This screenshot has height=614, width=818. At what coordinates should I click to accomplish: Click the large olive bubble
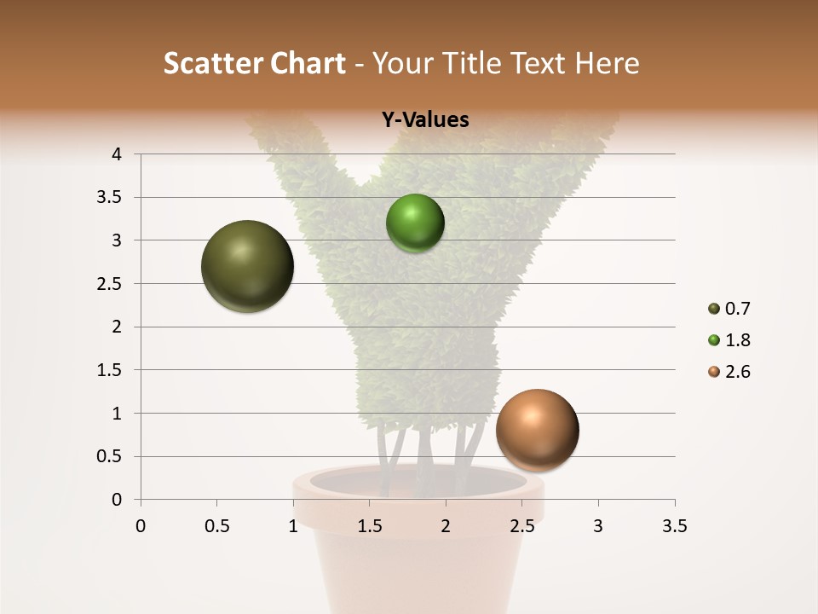(x=247, y=266)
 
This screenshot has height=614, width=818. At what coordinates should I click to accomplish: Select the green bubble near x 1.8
(x=415, y=223)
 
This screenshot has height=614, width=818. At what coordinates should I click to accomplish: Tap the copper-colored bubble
(x=537, y=430)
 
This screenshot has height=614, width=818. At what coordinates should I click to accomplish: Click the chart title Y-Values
(x=425, y=120)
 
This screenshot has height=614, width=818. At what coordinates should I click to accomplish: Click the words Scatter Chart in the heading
(x=255, y=63)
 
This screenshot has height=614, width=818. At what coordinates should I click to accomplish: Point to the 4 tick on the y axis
(x=117, y=154)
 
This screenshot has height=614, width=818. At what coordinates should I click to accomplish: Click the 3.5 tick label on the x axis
(x=674, y=526)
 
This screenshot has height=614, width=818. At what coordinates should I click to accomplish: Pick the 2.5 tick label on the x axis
(x=521, y=526)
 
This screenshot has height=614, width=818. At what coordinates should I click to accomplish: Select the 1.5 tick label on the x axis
(x=369, y=526)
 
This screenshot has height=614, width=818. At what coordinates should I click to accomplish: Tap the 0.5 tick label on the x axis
(x=216, y=526)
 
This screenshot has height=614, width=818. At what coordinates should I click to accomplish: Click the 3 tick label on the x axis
(x=598, y=526)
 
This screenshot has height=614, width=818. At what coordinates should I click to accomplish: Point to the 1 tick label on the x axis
(x=293, y=526)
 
